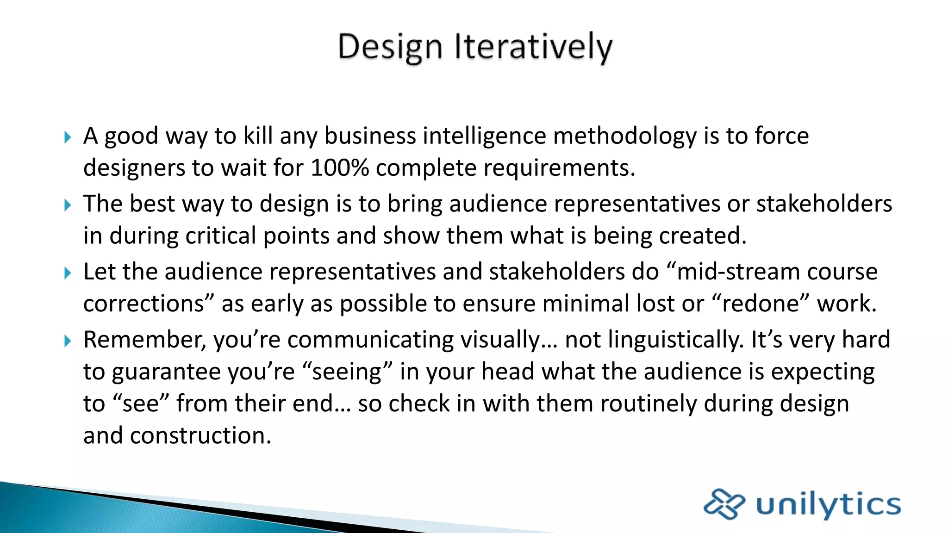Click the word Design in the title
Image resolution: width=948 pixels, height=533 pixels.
[x=390, y=47]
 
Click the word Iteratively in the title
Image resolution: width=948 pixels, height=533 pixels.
[x=533, y=47]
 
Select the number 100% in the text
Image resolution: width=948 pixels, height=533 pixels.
[x=340, y=168]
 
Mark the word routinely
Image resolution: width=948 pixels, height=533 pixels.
[x=648, y=404]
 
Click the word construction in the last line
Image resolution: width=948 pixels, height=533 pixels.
[x=200, y=436]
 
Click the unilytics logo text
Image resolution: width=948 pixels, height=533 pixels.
[x=829, y=504]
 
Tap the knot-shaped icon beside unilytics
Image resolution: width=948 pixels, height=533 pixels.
[x=724, y=504]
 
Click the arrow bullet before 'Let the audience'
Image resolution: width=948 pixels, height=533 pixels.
[x=68, y=273]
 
